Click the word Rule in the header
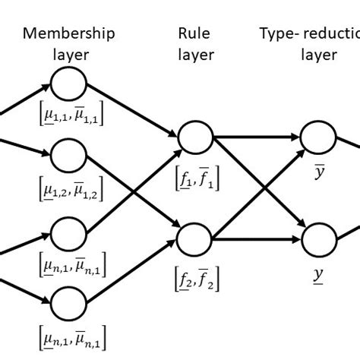tap(195, 33)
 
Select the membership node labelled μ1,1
tap(69, 84)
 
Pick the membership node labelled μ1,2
tap(69, 156)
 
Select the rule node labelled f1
tap(194, 137)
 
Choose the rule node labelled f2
tap(194, 240)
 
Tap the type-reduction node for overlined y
tap(318, 137)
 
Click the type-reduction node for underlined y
tap(318, 241)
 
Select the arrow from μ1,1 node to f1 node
tap(133, 112)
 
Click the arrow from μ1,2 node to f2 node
tap(133, 198)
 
